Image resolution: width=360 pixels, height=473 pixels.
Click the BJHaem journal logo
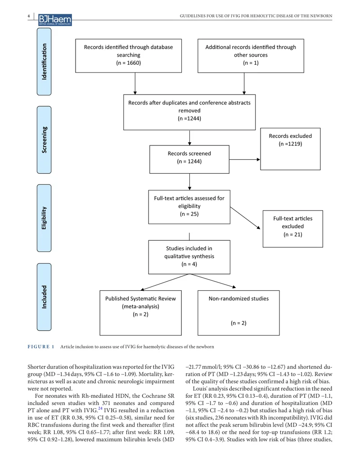point(55,20)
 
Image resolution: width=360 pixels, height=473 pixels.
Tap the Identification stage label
point(44,62)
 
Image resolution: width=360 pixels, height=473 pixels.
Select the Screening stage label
point(44,140)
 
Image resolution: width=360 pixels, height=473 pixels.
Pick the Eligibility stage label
point(44,218)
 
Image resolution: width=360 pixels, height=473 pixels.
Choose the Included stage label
point(44,297)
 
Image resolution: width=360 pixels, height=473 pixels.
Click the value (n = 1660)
point(128,63)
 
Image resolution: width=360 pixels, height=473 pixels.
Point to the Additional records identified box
point(251,56)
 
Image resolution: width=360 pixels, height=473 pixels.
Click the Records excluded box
point(290,149)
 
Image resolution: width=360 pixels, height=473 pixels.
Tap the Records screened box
point(189,160)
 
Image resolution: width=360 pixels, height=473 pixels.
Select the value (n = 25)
point(189,214)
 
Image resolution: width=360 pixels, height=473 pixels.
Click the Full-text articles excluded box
point(293,229)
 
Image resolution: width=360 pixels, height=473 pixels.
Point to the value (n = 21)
point(293,234)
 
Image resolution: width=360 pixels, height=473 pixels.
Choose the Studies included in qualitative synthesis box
point(189,257)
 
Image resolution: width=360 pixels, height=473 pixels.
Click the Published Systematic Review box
point(140,313)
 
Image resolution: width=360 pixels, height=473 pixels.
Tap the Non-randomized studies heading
point(238,299)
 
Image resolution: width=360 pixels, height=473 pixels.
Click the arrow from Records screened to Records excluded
point(244,159)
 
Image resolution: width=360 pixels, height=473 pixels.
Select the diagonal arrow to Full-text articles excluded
point(245,218)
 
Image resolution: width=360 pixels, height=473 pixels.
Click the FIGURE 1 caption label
point(41,347)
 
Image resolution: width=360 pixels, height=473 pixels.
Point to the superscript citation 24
point(100,409)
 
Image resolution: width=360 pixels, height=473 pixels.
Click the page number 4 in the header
point(29,16)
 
